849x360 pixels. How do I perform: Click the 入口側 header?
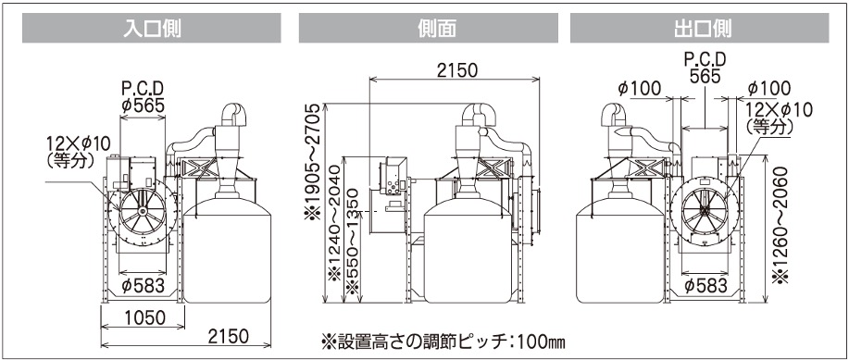point(152,28)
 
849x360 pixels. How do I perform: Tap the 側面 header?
point(429,28)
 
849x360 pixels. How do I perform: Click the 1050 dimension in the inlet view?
point(143,317)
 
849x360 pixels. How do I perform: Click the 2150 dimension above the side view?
point(456,70)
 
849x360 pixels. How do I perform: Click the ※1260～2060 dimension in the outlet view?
point(780,223)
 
